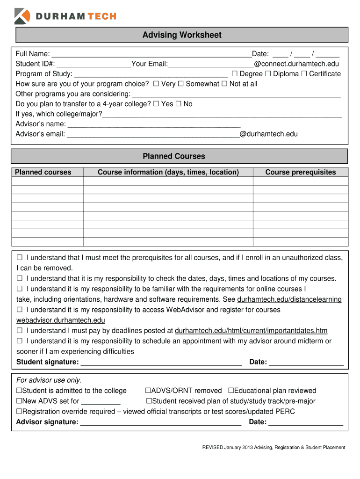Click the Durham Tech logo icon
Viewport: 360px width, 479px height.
pyautogui.click(x=22, y=16)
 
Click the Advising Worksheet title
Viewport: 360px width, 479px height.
pyautogui.click(x=182, y=35)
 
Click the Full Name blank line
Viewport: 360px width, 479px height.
pyautogui.click(x=152, y=54)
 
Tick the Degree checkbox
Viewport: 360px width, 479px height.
pyautogui.click(x=235, y=74)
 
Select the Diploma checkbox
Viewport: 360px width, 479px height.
pyautogui.click(x=268, y=74)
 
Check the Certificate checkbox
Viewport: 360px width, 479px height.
pyautogui.click(x=304, y=74)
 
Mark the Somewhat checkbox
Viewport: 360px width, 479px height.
pyautogui.click(x=181, y=84)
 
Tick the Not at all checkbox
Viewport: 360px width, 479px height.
pyautogui.click(x=224, y=84)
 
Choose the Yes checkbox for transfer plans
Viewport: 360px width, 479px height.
pyautogui.click(x=156, y=104)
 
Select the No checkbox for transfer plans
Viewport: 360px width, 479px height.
pyautogui.click(x=178, y=104)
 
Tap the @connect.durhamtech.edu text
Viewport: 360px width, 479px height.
pyautogui.click(x=296, y=64)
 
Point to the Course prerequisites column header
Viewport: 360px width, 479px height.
pyautogui.click(x=301, y=172)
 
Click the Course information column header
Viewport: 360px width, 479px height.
pyautogui.click(x=168, y=172)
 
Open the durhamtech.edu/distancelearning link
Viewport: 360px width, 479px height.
pyautogui.click(x=289, y=299)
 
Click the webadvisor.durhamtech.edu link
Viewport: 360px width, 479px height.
pyautogui.click(x=61, y=320)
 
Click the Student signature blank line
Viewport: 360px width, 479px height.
pyautogui.click(x=161, y=363)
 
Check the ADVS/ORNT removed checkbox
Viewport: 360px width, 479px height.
pyautogui.click(x=148, y=391)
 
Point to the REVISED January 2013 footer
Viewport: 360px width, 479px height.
pyautogui.click(x=274, y=448)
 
